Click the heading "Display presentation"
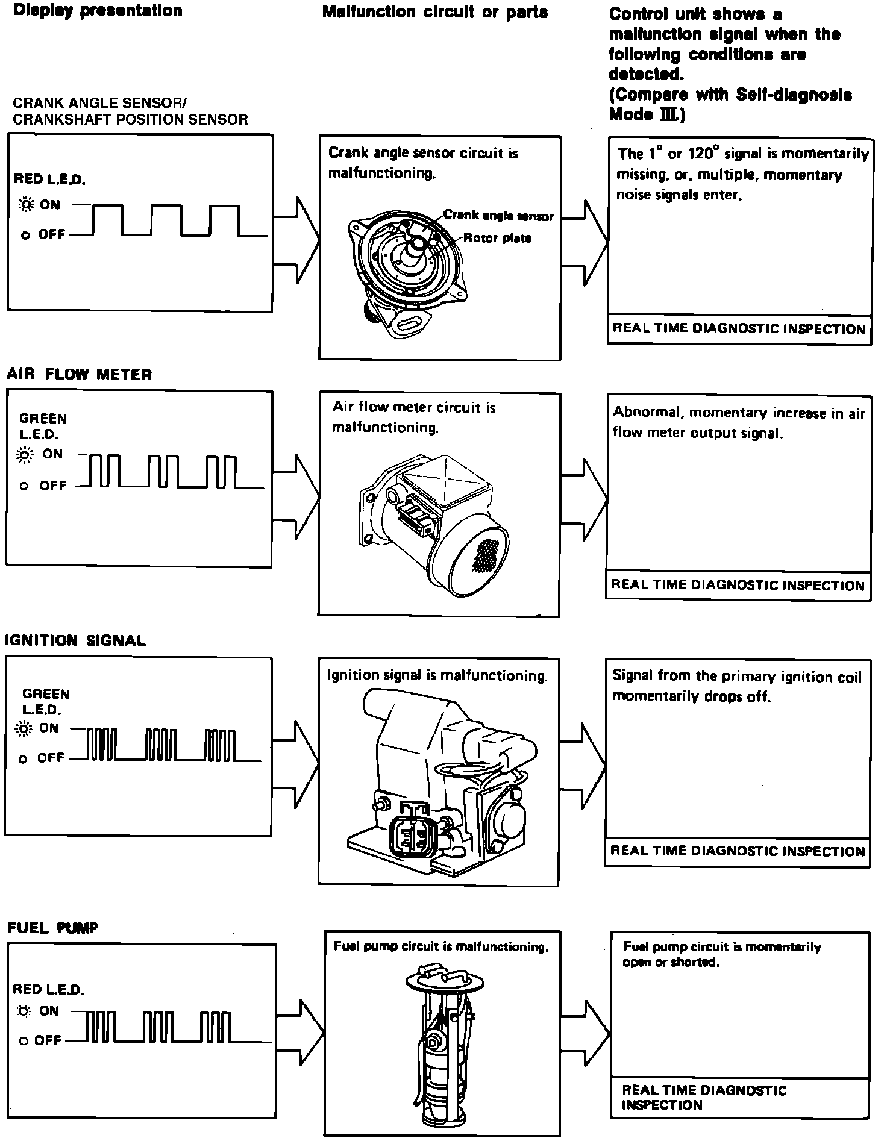98,11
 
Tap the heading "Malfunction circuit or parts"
435,12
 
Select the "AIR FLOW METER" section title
80,375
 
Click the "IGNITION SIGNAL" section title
75,640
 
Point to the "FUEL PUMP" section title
53,928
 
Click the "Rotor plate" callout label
497,238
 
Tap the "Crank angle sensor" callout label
498,215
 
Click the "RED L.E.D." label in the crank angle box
49,179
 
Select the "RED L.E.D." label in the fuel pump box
48,989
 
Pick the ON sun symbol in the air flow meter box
25,455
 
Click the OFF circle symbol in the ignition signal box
24,760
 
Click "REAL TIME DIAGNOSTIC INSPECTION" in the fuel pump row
704,1097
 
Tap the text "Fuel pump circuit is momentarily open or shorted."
721,954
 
